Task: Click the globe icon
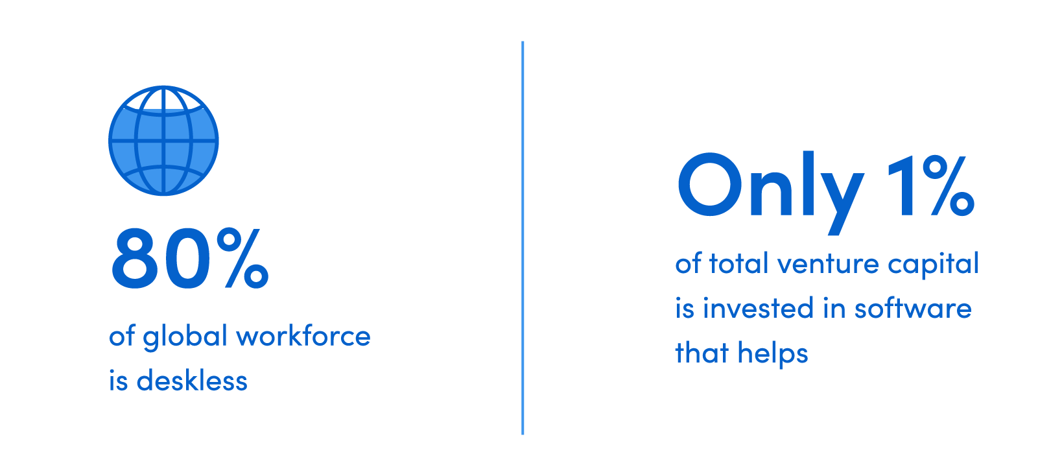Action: pos(163,140)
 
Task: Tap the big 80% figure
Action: pos(190,258)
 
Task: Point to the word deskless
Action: pos(192,380)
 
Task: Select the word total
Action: pos(738,263)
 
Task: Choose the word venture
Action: pos(828,264)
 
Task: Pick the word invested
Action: pos(758,308)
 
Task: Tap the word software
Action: pos(913,307)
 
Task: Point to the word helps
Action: pos(773,353)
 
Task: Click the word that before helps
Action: pos(702,353)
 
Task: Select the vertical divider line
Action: pos(523,237)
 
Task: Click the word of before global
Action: pos(122,335)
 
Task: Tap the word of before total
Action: pos(689,263)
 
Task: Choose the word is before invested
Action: pos(685,309)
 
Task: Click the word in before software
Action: pos(834,309)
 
